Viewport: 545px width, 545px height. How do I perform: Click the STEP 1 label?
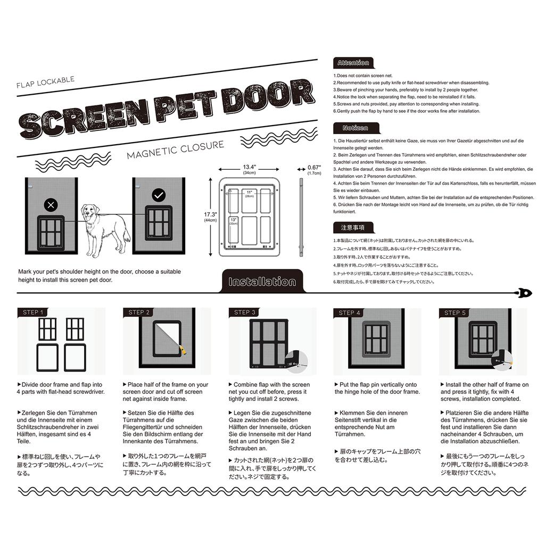pos(33,312)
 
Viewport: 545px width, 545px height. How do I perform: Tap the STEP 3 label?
pos(245,312)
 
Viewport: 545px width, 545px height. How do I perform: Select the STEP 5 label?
pos(455,312)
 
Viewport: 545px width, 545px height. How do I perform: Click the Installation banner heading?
pos(261,282)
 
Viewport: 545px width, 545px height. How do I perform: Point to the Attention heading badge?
pos(353,63)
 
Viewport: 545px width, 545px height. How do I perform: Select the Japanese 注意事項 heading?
pos(352,228)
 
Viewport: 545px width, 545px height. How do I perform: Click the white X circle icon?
pos(51,204)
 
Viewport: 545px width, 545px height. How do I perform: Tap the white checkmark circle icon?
pos(159,195)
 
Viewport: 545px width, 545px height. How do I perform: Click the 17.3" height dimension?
pos(211,217)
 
